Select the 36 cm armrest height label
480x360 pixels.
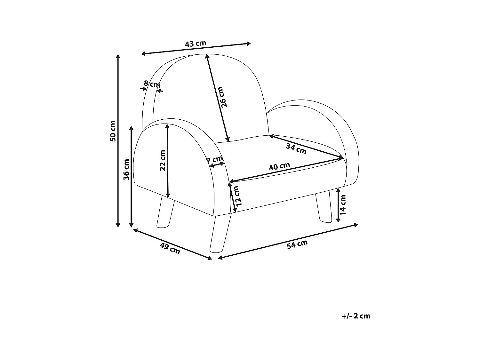point(126,169)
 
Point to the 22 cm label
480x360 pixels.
point(163,160)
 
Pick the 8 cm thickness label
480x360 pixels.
point(152,84)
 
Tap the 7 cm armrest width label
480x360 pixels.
point(215,160)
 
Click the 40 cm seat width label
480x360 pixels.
point(279,167)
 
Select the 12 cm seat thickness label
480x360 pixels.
point(237,196)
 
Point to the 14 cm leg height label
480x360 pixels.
point(343,205)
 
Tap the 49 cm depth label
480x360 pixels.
point(170,248)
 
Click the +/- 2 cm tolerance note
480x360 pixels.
point(356,316)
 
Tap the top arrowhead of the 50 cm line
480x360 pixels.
point(118,57)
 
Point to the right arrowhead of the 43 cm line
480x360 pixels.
point(249,44)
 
